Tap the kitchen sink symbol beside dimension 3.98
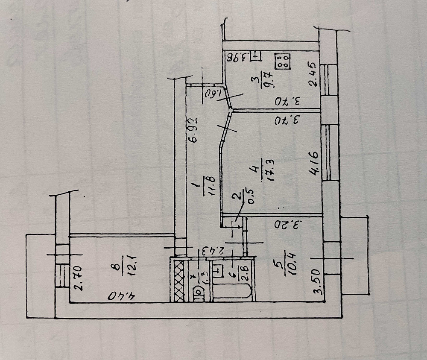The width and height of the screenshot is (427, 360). [x=255, y=56]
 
